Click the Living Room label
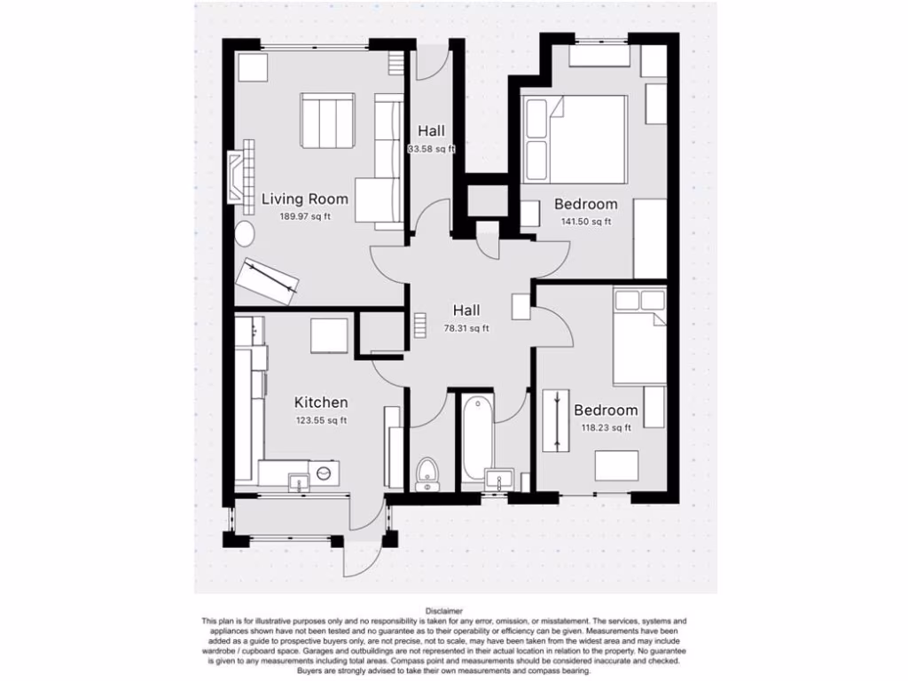tap(304, 199)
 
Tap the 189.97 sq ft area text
tap(304, 216)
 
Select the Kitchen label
tap(321, 403)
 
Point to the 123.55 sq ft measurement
tap(321, 420)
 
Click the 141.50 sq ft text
tap(585, 222)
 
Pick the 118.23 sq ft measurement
tap(606, 427)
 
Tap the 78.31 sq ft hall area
tap(466, 328)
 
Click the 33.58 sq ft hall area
tap(431, 149)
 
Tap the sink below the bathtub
tap(498, 481)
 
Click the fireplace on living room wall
tap(237, 177)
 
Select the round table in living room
tap(244, 234)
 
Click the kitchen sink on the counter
tap(298, 481)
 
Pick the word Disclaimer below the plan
tap(443, 611)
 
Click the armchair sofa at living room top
tap(327, 119)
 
